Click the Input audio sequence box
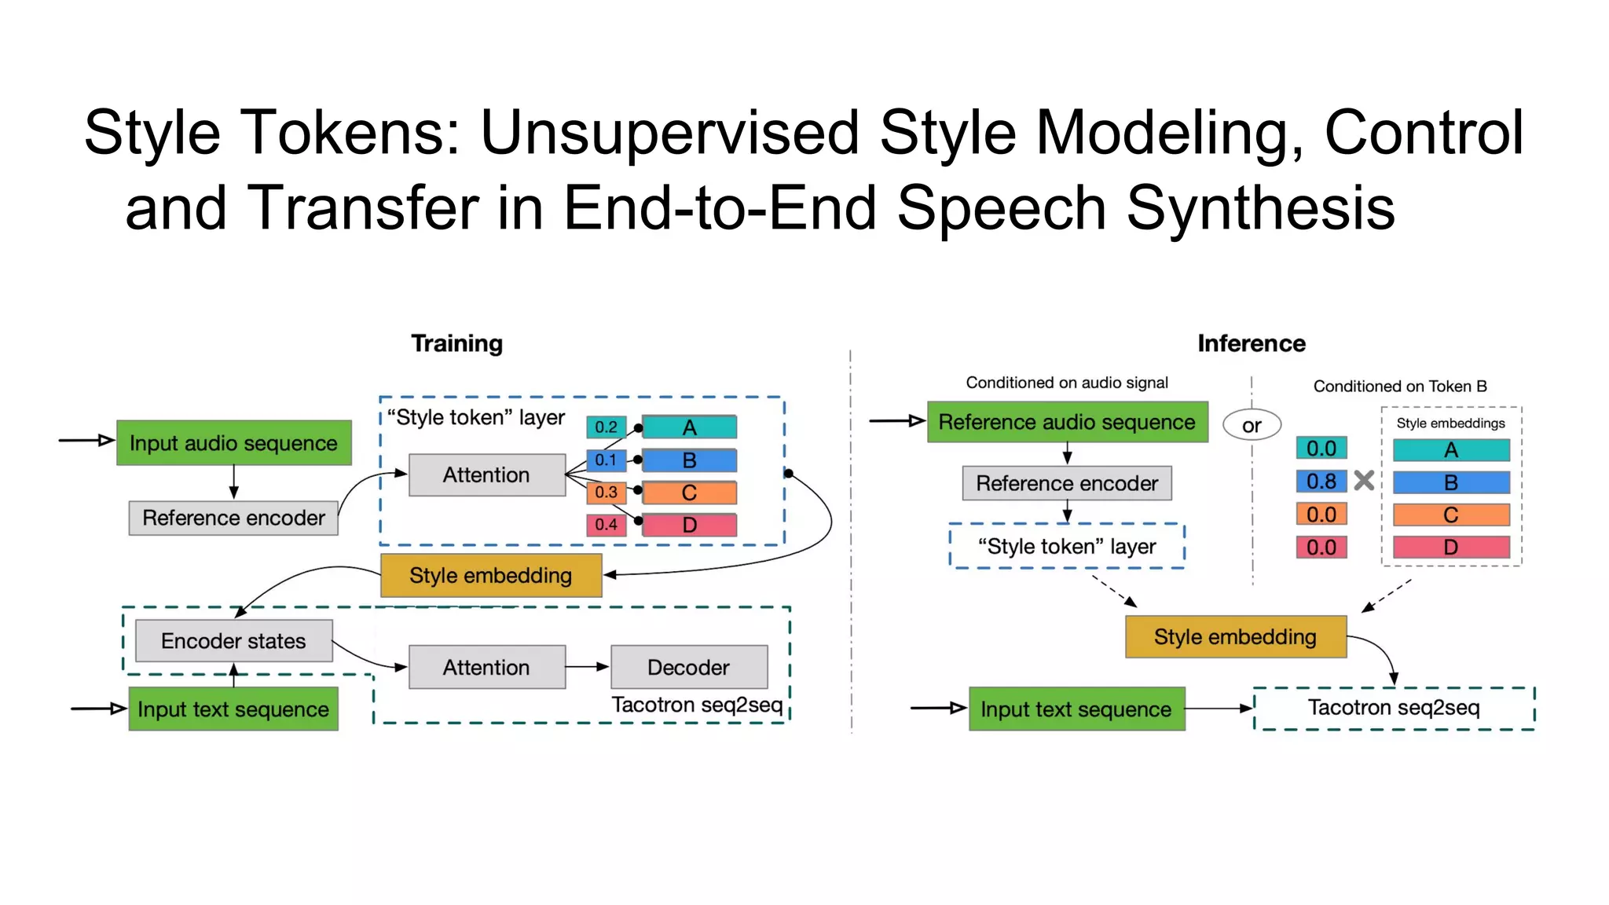(x=233, y=443)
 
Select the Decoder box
(x=688, y=667)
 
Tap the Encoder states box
(x=233, y=641)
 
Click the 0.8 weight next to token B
(x=1321, y=481)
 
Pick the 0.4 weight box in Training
(x=606, y=525)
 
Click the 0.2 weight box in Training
(x=606, y=427)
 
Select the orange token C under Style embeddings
(x=1450, y=515)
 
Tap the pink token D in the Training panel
(x=689, y=525)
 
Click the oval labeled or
(x=1251, y=425)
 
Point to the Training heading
(x=456, y=343)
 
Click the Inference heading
(x=1251, y=343)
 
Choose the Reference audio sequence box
(x=1067, y=422)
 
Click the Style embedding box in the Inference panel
(x=1235, y=636)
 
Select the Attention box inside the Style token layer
(x=486, y=474)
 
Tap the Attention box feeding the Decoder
(x=486, y=667)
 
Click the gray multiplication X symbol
(x=1364, y=480)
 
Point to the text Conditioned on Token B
(x=1399, y=386)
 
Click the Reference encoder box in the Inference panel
(x=1066, y=483)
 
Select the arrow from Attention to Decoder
(x=587, y=667)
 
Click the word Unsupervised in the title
(x=669, y=133)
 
